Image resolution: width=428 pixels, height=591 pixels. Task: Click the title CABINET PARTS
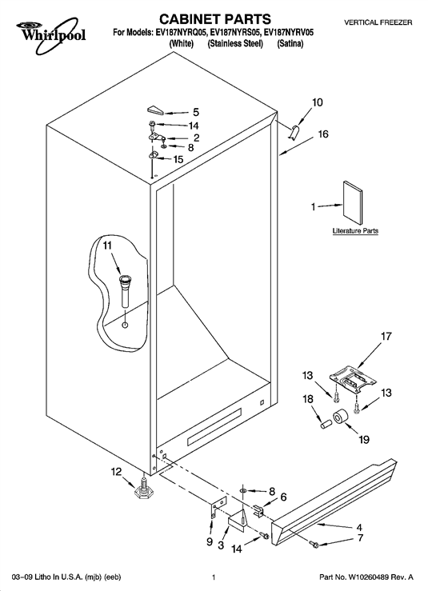point(214,18)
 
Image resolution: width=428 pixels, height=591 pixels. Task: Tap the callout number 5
point(196,112)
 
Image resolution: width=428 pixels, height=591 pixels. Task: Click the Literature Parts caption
point(355,230)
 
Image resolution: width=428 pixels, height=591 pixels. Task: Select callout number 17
point(386,336)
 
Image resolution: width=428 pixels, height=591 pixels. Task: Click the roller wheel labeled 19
point(340,417)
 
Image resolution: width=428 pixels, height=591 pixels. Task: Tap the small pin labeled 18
point(325,424)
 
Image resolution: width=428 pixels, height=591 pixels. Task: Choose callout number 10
point(318,102)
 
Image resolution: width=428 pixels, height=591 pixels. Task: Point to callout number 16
point(323,134)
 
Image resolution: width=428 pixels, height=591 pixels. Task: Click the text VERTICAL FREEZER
point(378,22)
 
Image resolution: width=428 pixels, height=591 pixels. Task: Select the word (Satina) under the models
point(290,44)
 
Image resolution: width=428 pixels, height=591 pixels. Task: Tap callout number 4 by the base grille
point(359,527)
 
